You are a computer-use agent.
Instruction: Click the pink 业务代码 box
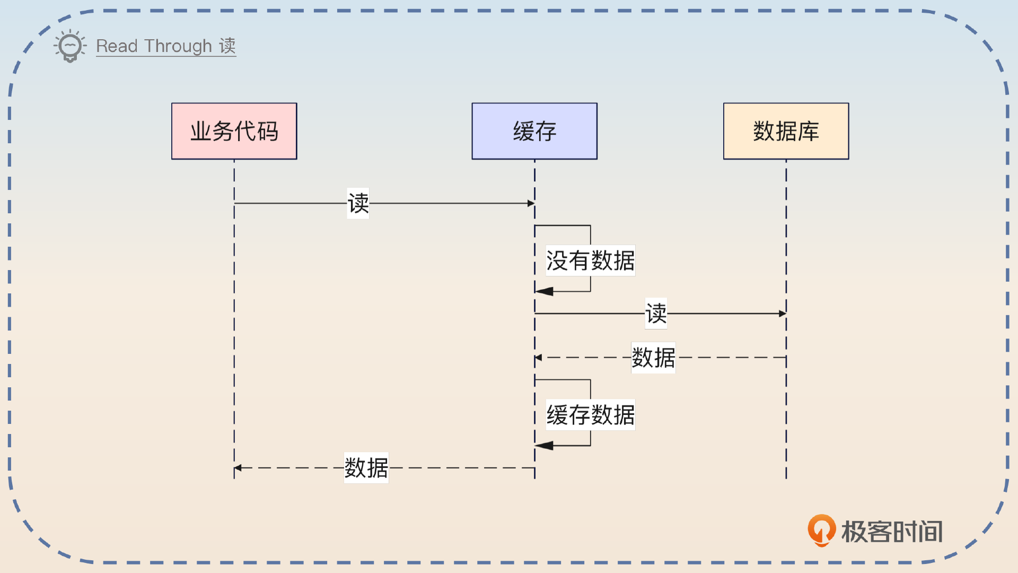[x=234, y=131]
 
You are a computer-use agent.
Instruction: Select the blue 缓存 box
[x=534, y=131]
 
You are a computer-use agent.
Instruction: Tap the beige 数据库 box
[x=786, y=131]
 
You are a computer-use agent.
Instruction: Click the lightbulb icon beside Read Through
[x=70, y=46]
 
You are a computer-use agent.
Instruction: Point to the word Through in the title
[x=178, y=46]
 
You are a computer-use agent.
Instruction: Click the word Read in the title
[x=117, y=46]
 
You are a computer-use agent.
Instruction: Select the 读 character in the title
[x=227, y=46]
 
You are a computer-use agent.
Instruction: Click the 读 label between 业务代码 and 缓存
[x=358, y=203]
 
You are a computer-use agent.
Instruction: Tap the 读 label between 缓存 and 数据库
[x=656, y=314]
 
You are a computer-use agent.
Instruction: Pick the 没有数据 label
[x=590, y=261]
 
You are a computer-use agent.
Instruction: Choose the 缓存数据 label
[x=590, y=415]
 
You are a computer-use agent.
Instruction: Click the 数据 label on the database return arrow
[x=653, y=358]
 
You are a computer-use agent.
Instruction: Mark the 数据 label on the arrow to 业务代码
[x=366, y=468]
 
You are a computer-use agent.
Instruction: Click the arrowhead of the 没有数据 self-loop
[x=544, y=291]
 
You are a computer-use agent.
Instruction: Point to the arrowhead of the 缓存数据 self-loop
[x=544, y=446]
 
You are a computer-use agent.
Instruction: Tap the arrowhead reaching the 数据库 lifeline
[x=782, y=314]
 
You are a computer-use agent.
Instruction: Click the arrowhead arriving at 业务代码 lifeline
[x=238, y=468]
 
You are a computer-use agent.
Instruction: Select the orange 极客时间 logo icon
[x=821, y=530]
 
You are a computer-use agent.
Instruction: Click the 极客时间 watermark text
[x=892, y=532]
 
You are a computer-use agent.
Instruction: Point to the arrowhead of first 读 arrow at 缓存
[x=531, y=203]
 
